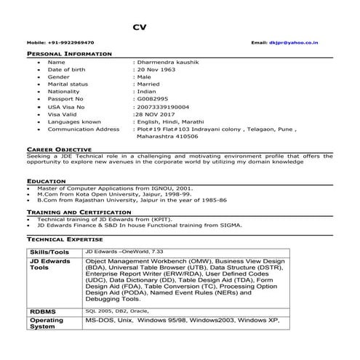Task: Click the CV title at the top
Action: (140, 28)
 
